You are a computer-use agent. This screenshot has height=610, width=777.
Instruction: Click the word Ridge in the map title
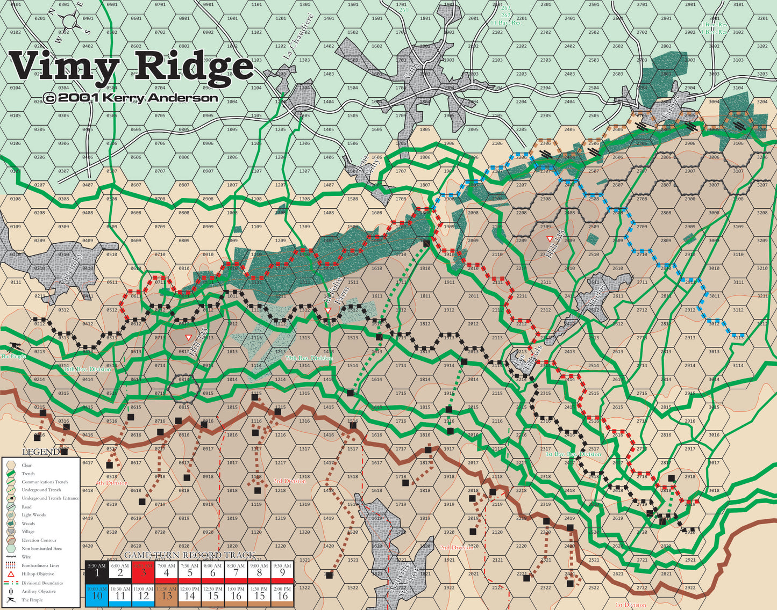[193, 67]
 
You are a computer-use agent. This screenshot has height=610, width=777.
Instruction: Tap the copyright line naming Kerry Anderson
[131, 98]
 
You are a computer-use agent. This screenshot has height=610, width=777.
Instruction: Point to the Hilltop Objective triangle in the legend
[11, 574]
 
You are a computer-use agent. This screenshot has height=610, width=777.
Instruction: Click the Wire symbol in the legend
[11, 557]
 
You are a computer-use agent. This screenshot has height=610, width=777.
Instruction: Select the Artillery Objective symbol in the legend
[11, 591]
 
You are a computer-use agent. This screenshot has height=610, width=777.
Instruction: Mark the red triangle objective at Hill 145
[188, 337]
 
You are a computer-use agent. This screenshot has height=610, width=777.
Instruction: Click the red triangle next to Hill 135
[549, 238]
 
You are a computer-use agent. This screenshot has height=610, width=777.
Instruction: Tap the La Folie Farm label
[336, 301]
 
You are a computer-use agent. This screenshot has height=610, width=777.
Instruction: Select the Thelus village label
[596, 296]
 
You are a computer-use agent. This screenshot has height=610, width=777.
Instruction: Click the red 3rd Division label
[289, 481]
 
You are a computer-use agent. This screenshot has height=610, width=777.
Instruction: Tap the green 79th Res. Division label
[309, 358]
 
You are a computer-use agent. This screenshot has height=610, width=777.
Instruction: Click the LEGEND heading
[41, 452]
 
